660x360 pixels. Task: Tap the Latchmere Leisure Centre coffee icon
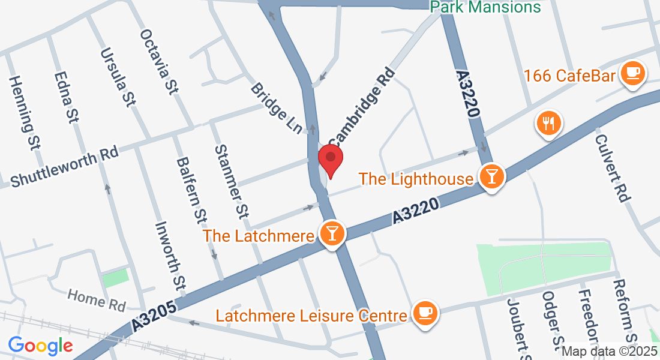click(425, 313)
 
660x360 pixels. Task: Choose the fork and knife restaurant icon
click(548, 124)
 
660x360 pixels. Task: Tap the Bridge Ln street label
click(277, 109)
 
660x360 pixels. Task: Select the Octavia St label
click(159, 62)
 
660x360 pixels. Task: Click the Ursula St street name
click(117, 78)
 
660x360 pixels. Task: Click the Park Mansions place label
click(486, 7)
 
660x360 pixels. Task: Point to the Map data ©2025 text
click(610, 352)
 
